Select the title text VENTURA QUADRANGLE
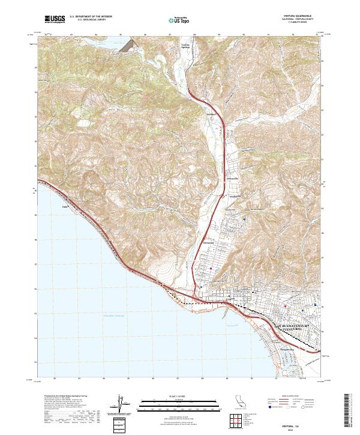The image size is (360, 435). [298, 16]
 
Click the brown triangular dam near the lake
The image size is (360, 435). [128, 45]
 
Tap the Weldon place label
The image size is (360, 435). [211, 113]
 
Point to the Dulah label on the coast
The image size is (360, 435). [66, 207]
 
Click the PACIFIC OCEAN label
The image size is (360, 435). [113, 315]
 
